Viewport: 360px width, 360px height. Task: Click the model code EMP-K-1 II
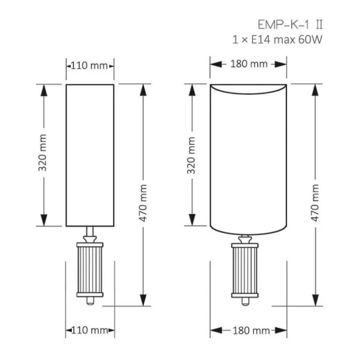coord(290,25)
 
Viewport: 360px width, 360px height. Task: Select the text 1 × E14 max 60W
coord(277,39)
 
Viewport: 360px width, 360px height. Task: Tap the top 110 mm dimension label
coord(89,66)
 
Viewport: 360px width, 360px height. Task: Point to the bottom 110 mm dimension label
coord(90,331)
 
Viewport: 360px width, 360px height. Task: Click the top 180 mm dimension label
coord(249,64)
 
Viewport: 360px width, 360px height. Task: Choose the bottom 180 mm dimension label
coord(251,331)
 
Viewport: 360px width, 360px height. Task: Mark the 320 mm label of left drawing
coord(43,153)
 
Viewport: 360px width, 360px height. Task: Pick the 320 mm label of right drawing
coord(191,155)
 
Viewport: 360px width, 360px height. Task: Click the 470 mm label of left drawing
coord(143,203)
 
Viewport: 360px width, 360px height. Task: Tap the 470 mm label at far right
coord(315,203)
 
